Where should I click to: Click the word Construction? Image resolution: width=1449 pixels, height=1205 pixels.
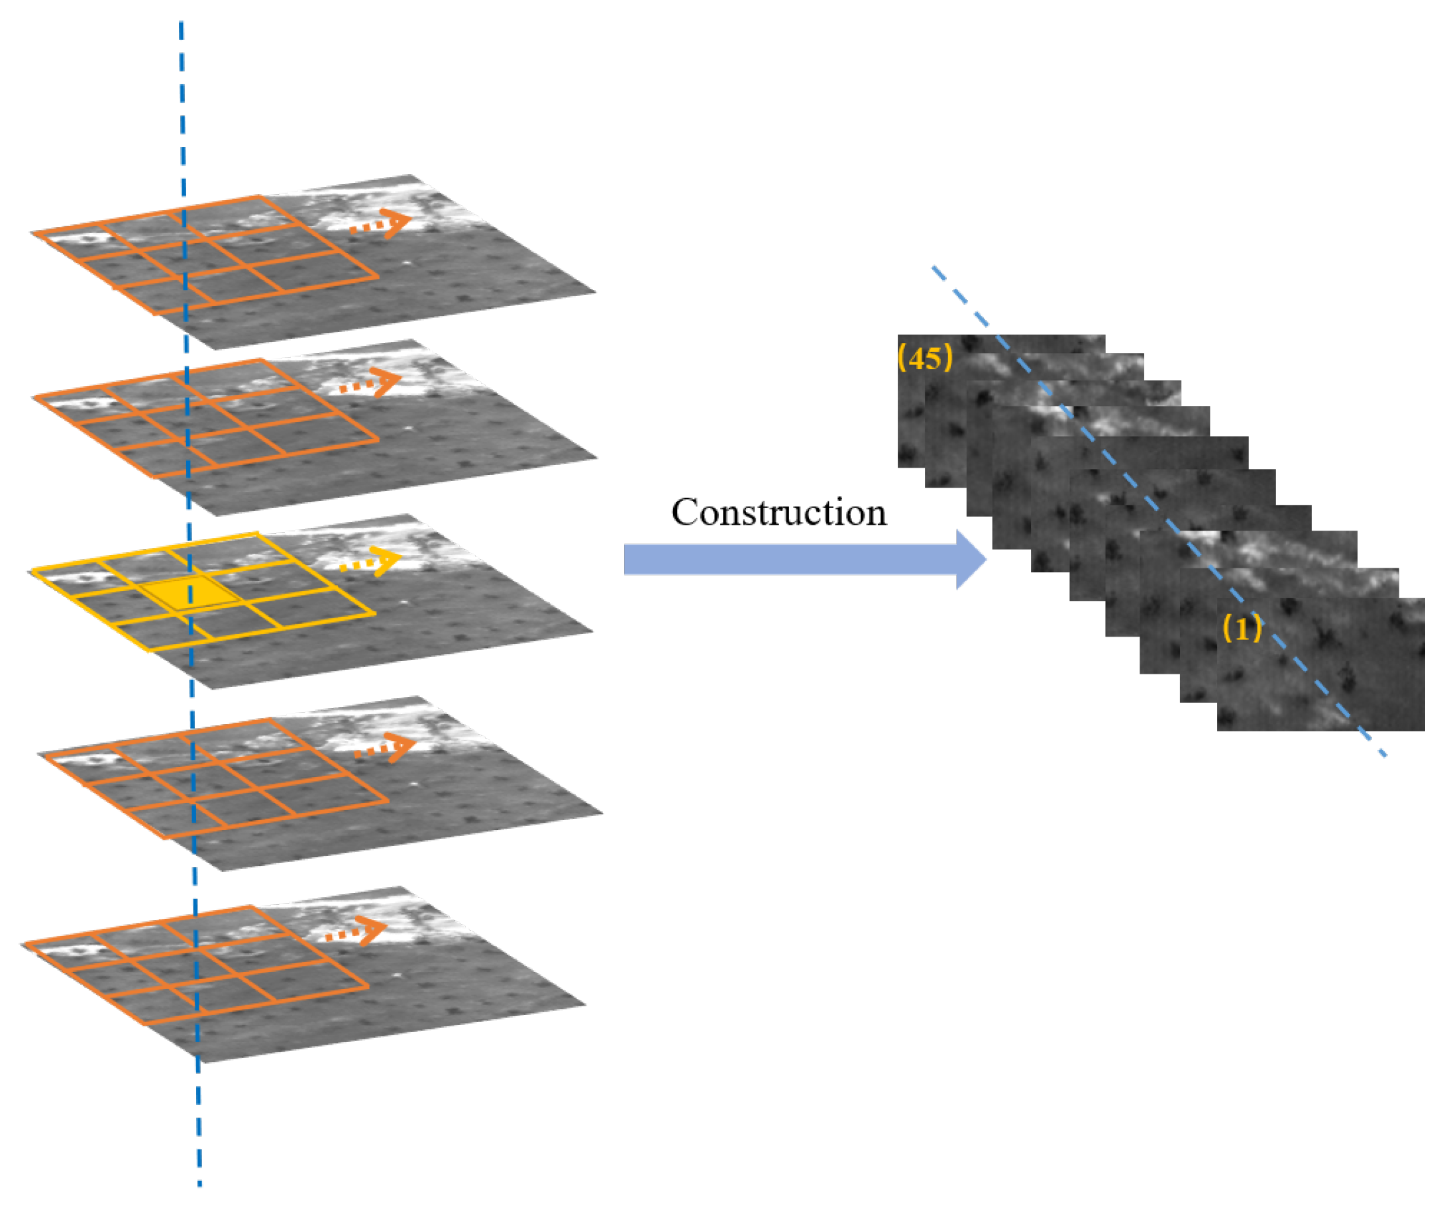coord(778,513)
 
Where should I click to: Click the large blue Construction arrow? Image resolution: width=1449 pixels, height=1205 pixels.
coord(804,558)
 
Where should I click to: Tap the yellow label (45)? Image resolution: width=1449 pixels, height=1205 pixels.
coord(926,358)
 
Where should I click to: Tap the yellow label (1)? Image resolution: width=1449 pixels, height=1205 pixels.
coord(1242,629)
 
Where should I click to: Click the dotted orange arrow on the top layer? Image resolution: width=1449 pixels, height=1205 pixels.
coord(380,223)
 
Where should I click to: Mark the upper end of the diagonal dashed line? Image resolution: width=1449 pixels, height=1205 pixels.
coord(934,268)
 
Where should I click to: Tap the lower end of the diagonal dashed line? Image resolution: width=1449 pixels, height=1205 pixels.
coord(1385,756)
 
